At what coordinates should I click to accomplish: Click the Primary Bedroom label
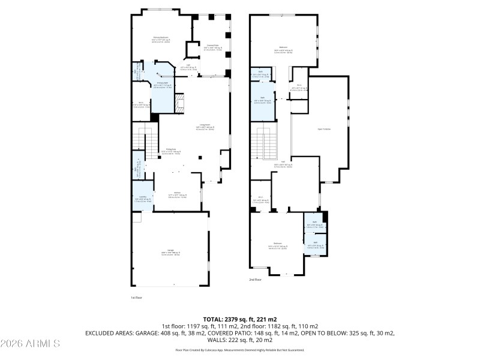159,37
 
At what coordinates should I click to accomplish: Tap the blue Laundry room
142,200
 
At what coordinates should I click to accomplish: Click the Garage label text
171,251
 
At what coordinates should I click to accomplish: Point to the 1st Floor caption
136,297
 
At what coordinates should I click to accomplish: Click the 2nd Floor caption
256,280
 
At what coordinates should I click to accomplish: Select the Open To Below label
324,128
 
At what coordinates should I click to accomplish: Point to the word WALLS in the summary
212,338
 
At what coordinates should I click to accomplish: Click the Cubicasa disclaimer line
240,349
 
